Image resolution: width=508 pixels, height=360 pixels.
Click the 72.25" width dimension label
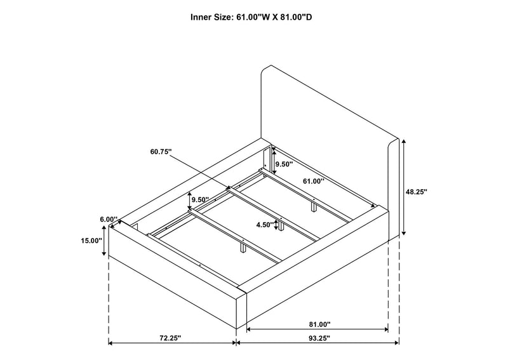click(170, 338)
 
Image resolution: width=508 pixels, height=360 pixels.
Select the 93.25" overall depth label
click(319, 338)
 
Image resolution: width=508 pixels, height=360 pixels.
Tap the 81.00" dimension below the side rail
click(319, 324)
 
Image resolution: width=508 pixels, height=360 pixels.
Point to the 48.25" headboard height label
click(417, 192)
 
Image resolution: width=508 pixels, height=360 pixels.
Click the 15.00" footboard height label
click(91, 241)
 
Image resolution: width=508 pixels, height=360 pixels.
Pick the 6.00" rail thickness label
click(109, 220)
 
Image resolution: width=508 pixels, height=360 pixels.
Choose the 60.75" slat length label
click(161, 151)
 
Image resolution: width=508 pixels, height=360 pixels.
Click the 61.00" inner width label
click(314, 181)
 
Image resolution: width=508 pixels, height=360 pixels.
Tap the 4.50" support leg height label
click(265, 225)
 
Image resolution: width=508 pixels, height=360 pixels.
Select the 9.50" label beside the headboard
click(284, 164)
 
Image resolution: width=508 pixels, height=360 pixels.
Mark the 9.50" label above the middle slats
click(200, 199)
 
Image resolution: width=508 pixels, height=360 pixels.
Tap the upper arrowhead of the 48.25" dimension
click(403, 142)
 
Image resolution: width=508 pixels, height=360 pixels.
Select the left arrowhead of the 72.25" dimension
click(110, 343)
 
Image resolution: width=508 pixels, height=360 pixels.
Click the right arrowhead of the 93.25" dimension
click(396, 343)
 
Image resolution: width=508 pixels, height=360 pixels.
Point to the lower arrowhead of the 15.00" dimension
click(104, 253)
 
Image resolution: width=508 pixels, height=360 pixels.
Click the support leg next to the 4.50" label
click(281, 226)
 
